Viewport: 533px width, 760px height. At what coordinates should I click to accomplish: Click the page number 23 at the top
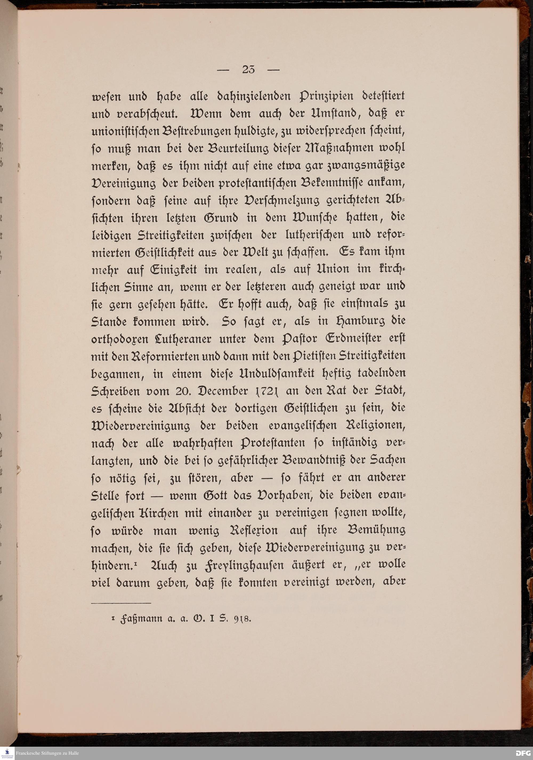[248, 70]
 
